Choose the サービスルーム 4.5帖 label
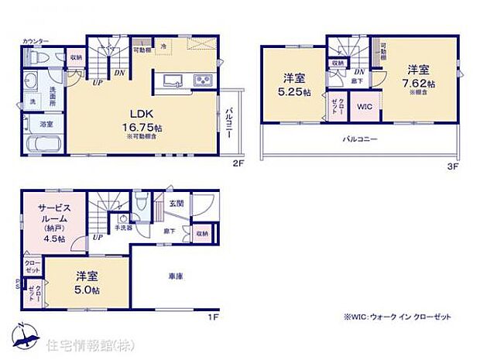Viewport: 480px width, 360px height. point(54,224)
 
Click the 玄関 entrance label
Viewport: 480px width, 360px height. point(177,204)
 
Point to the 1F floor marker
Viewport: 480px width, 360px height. point(212,317)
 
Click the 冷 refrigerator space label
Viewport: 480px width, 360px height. point(163,47)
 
